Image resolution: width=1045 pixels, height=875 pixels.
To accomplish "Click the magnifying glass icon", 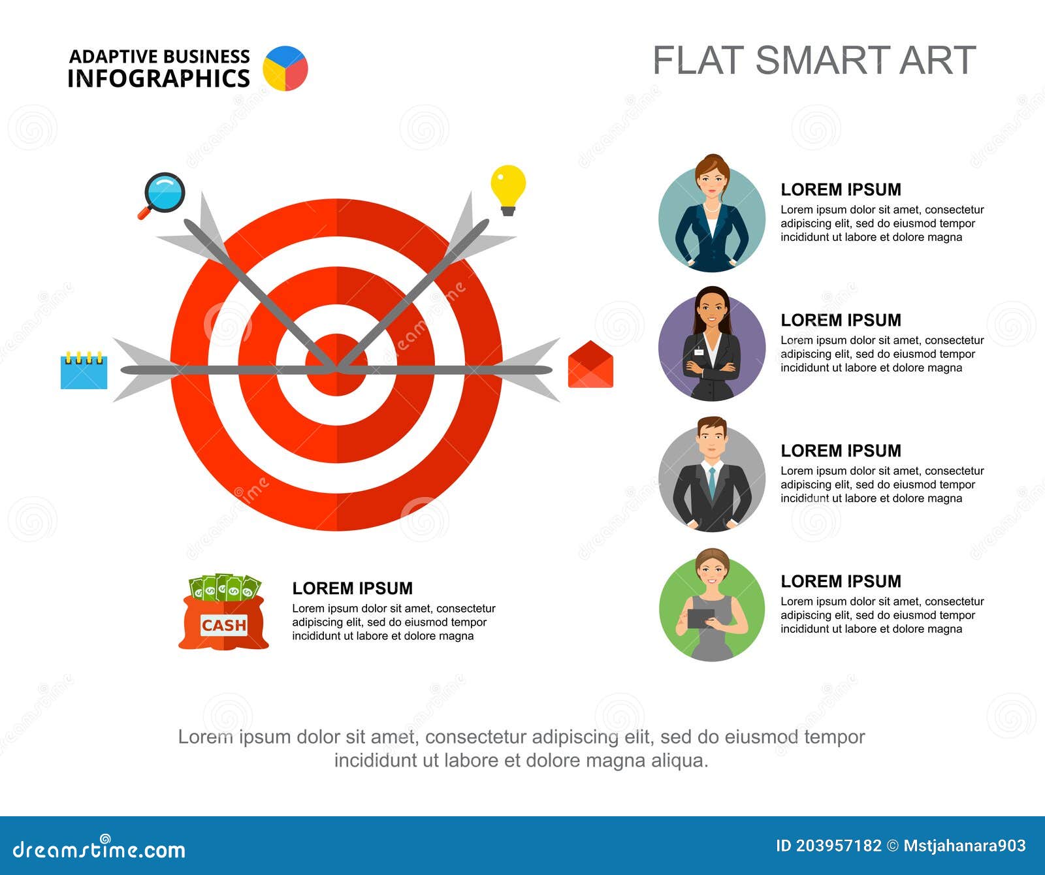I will (x=163, y=193).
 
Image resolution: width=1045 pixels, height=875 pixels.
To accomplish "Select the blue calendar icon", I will (x=84, y=372).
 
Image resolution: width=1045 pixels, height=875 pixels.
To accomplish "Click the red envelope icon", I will (x=590, y=366).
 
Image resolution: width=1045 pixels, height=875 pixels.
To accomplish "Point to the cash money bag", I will (x=223, y=614).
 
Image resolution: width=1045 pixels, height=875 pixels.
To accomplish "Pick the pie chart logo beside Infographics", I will (x=285, y=68).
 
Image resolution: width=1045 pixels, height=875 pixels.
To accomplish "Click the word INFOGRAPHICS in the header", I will (x=159, y=78).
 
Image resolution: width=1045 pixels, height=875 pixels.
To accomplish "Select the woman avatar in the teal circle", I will (x=712, y=215).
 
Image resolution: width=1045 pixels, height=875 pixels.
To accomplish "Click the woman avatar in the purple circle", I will (x=712, y=345).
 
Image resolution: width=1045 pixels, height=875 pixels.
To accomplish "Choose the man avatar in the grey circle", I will (x=712, y=475).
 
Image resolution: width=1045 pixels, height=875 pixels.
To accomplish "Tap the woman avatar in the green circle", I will (x=712, y=606).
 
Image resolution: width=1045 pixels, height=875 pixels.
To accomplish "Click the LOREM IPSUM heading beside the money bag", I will (x=352, y=588).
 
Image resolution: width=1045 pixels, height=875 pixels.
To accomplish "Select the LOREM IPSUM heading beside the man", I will (x=841, y=451).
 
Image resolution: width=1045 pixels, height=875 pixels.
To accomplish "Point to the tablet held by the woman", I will (x=701, y=618).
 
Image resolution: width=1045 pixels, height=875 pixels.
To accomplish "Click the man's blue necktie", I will (x=712, y=482).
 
